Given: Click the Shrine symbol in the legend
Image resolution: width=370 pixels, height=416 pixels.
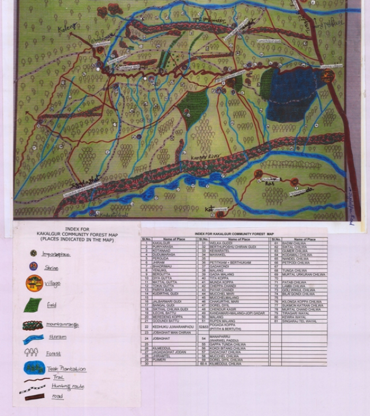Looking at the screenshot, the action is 33,266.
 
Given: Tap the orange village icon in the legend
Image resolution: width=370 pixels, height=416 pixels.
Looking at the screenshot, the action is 34,283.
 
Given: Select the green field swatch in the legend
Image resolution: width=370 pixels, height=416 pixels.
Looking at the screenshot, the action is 35,305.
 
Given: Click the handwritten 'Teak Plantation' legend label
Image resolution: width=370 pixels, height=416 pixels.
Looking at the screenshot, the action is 65,369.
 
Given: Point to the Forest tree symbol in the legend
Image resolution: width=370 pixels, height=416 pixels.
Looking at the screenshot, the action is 31,353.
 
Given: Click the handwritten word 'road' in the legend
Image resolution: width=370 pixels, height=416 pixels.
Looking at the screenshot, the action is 58,396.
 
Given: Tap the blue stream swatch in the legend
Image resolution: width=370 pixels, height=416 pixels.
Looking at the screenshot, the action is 33,339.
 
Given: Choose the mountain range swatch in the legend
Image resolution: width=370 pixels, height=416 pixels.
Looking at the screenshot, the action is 33,326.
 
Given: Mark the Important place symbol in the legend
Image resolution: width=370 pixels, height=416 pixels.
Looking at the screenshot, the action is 33,253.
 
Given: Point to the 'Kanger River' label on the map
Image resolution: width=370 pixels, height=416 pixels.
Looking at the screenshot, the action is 199,157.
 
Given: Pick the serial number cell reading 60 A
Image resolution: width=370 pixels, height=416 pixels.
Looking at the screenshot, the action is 203,364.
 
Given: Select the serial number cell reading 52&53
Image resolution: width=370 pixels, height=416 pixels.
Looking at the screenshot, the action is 203,326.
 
